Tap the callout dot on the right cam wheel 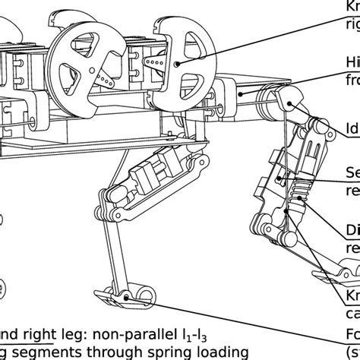176,64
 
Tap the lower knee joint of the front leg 262,228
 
